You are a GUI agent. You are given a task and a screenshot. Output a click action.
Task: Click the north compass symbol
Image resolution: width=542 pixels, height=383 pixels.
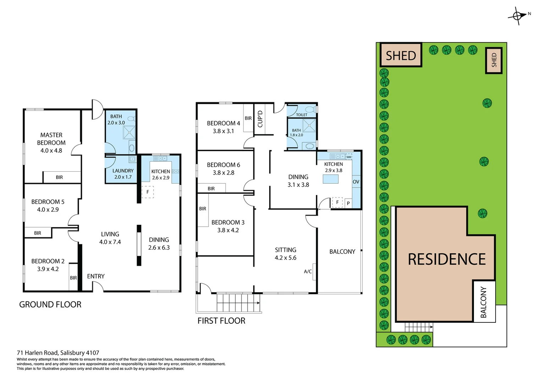point(517,16)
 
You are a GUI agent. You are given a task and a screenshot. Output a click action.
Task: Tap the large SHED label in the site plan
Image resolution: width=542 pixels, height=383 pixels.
point(400,56)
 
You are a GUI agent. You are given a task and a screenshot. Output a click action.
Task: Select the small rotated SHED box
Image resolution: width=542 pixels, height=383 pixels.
point(494,60)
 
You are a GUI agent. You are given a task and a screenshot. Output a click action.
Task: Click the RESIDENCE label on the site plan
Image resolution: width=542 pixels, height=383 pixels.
point(447,259)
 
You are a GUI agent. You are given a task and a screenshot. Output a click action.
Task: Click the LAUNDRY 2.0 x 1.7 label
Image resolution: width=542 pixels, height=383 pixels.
point(123,174)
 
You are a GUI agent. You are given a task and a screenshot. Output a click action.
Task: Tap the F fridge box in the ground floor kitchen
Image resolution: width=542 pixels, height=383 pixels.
point(148,192)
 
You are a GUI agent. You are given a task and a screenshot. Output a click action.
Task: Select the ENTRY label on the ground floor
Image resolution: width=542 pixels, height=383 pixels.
point(96,276)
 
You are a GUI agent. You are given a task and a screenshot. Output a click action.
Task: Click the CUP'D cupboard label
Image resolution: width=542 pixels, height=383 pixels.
point(260,119)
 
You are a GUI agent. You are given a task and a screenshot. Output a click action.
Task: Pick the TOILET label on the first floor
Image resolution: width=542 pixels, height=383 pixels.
point(302,115)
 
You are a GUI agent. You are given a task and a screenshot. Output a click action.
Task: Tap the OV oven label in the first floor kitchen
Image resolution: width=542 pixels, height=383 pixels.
point(356,182)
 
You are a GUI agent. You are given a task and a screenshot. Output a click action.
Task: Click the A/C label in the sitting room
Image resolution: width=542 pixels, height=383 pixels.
point(308,272)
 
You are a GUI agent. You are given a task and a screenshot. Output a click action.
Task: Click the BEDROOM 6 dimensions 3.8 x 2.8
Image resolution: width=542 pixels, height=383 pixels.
point(223,173)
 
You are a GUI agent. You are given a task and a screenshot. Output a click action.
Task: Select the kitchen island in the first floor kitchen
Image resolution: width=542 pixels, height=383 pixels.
point(330,179)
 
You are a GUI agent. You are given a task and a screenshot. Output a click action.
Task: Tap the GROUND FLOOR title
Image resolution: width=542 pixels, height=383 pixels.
point(50,304)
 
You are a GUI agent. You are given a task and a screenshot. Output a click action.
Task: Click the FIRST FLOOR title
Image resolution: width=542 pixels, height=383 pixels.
point(221,321)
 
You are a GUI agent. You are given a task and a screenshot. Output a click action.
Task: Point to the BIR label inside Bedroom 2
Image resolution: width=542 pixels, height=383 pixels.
point(73,278)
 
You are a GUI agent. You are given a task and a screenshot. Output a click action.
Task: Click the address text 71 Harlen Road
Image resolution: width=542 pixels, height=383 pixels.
point(37,353)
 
